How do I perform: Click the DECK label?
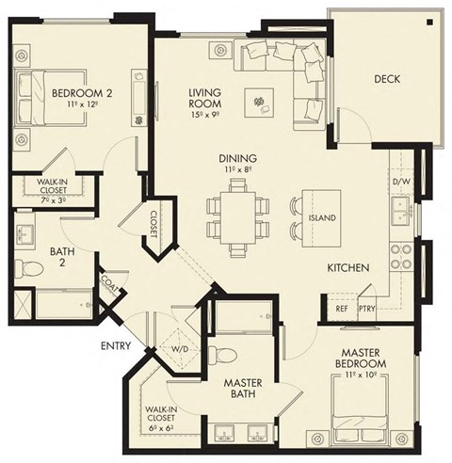point(387,79)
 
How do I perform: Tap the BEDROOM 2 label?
point(77,94)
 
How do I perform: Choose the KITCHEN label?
point(347,268)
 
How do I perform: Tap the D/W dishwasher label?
point(401,181)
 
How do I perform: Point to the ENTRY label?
point(116,346)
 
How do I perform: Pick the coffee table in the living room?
point(257,98)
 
